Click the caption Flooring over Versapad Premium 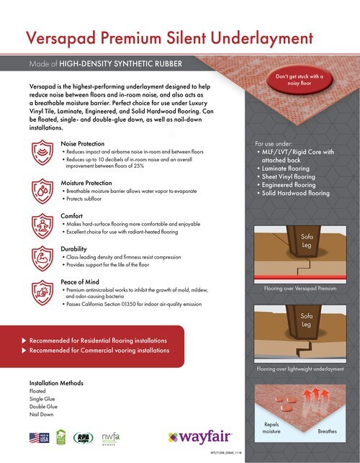(x=300, y=289)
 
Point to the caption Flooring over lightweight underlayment (x=300, y=369)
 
